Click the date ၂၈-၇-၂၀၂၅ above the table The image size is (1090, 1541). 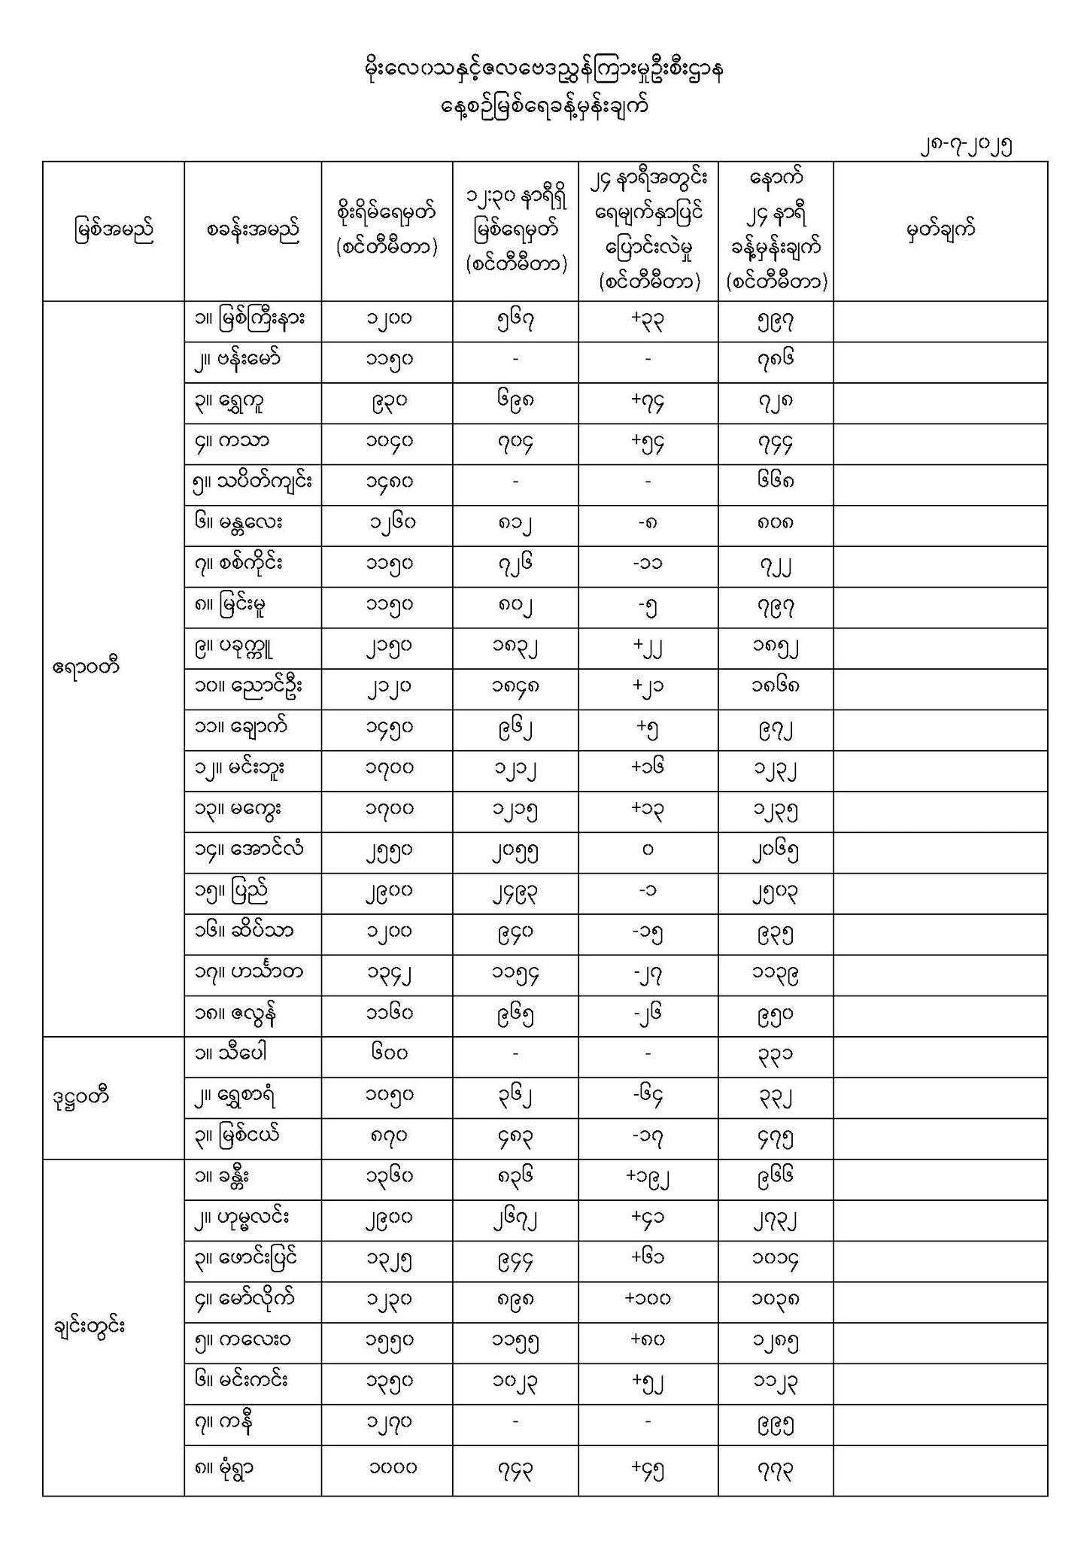click(965, 146)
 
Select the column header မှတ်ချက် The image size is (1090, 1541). click(940, 229)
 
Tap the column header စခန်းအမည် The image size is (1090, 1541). click(253, 229)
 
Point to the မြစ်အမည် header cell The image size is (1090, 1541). click(114, 229)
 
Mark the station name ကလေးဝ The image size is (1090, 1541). click(244, 1339)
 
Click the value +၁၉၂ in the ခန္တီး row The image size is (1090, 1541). click(648, 1178)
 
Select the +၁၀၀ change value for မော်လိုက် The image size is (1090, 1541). click(648, 1299)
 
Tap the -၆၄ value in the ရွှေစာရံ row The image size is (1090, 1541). click(648, 1097)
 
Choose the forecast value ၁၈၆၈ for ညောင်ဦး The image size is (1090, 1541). click(775, 687)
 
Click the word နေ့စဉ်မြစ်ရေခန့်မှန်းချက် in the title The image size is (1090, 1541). click(544, 107)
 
